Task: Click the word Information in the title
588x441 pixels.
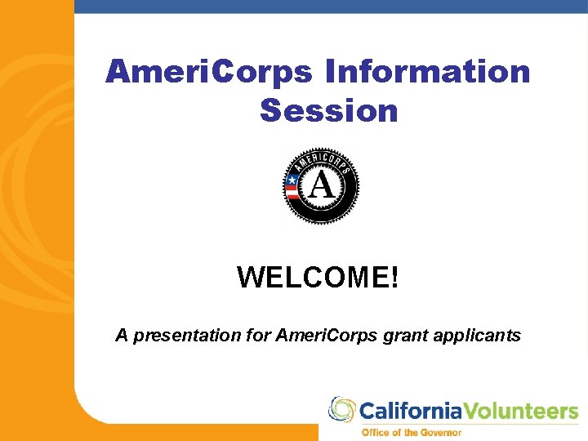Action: (428, 72)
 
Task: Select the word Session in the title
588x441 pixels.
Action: (329, 110)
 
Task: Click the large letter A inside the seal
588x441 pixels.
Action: (322, 186)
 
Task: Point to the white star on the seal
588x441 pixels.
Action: (292, 180)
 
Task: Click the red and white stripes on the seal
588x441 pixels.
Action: (292, 194)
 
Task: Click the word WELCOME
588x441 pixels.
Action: (313, 278)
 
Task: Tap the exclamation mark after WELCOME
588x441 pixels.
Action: (395, 278)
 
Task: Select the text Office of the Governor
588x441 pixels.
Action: (412, 432)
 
